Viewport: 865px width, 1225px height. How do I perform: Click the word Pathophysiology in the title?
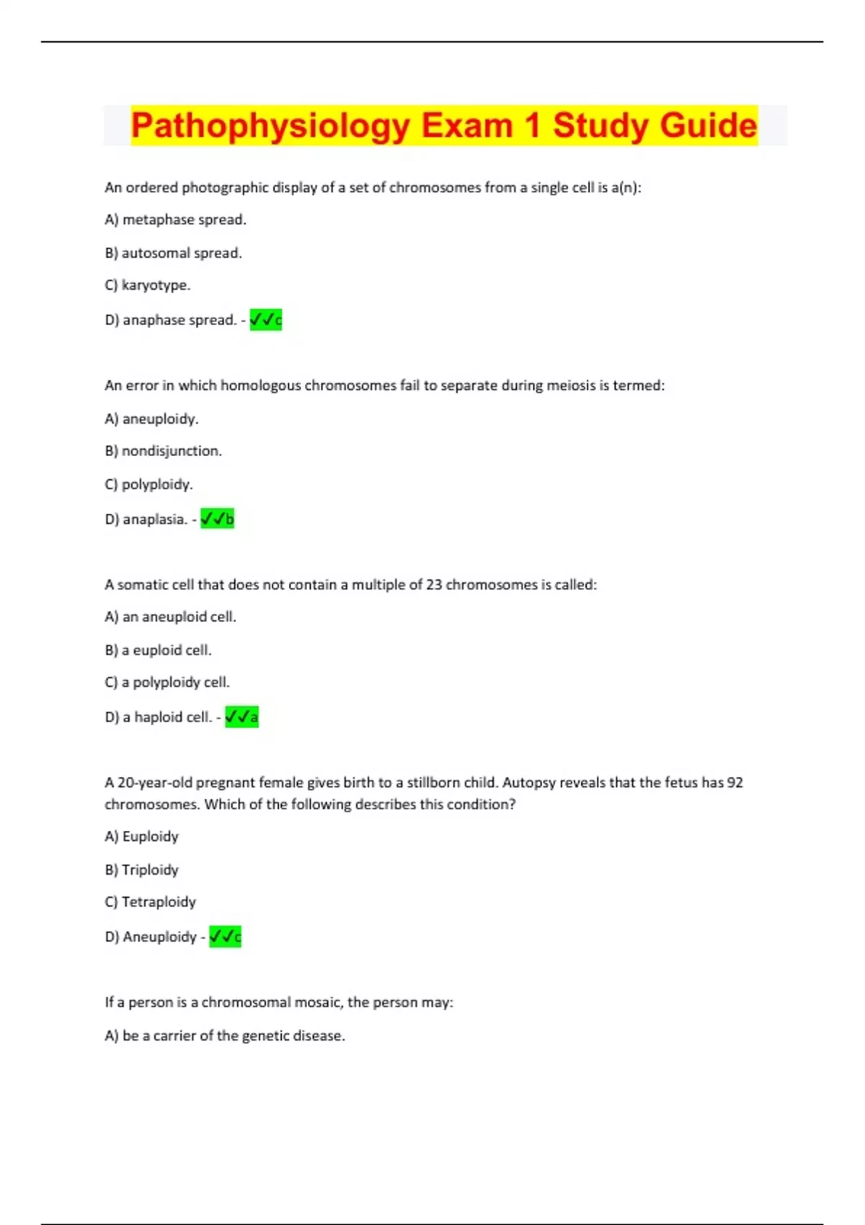click(270, 125)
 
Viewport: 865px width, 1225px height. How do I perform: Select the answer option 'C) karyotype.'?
click(148, 285)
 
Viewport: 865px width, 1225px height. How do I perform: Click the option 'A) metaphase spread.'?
click(175, 220)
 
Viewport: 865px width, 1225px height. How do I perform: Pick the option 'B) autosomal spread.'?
click(173, 253)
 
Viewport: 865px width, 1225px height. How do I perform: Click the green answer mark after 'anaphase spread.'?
click(265, 320)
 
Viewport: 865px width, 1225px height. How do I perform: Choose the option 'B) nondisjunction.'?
click(163, 451)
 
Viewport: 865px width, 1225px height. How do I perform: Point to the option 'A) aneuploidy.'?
click(151, 419)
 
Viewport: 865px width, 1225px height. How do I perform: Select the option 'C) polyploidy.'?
click(148, 484)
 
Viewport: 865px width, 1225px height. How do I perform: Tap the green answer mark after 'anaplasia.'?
click(217, 519)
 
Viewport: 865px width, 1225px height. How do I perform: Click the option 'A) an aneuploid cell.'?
click(170, 617)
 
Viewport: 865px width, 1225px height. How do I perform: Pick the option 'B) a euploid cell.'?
click(158, 650)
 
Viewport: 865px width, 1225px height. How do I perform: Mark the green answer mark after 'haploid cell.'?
click(241, 717)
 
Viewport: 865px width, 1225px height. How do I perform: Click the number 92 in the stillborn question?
click(735, 783)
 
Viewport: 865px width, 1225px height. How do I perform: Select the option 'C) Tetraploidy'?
click(150, 902)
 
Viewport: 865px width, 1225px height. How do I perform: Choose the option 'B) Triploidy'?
click(141, 870)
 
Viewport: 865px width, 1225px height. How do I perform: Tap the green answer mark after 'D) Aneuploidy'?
click(225, 937)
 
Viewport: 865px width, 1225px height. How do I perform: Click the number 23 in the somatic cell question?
click(433, 584)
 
